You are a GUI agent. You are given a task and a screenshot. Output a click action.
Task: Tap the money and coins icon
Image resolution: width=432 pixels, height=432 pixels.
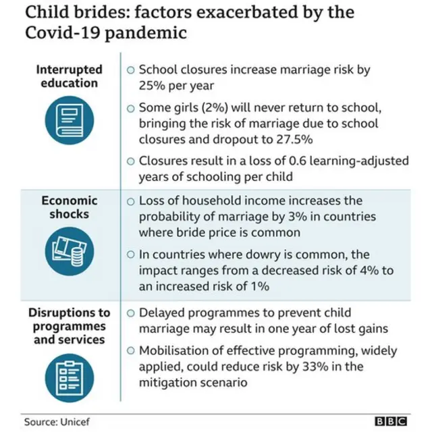[70, 247]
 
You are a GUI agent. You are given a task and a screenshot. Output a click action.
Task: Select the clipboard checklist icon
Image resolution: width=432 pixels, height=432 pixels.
[70, 374]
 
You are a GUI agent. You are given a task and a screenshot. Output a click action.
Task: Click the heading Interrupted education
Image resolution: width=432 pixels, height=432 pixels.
[70, 76]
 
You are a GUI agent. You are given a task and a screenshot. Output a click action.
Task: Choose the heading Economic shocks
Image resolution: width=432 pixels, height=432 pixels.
[70, 207]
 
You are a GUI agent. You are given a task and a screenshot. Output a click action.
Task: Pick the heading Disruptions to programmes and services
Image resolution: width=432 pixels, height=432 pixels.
[70, 325]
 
